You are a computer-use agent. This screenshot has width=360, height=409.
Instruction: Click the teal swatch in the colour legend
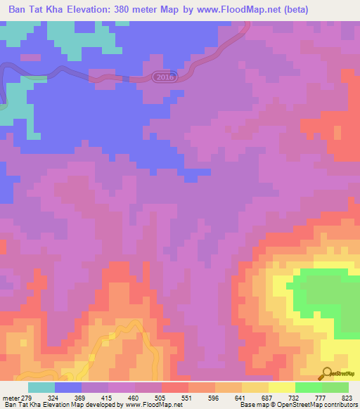point(41,387)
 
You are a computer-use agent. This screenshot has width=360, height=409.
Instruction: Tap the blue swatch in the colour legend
point(68,387)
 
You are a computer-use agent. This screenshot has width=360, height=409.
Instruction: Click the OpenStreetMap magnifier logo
point(327,373)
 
